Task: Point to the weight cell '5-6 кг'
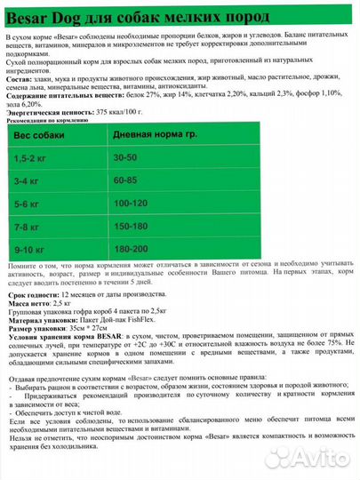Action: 33,203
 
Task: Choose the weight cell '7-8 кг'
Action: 33,227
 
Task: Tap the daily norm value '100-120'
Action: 132,203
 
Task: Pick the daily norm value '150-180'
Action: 132,227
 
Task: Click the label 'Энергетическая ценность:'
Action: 47,113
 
